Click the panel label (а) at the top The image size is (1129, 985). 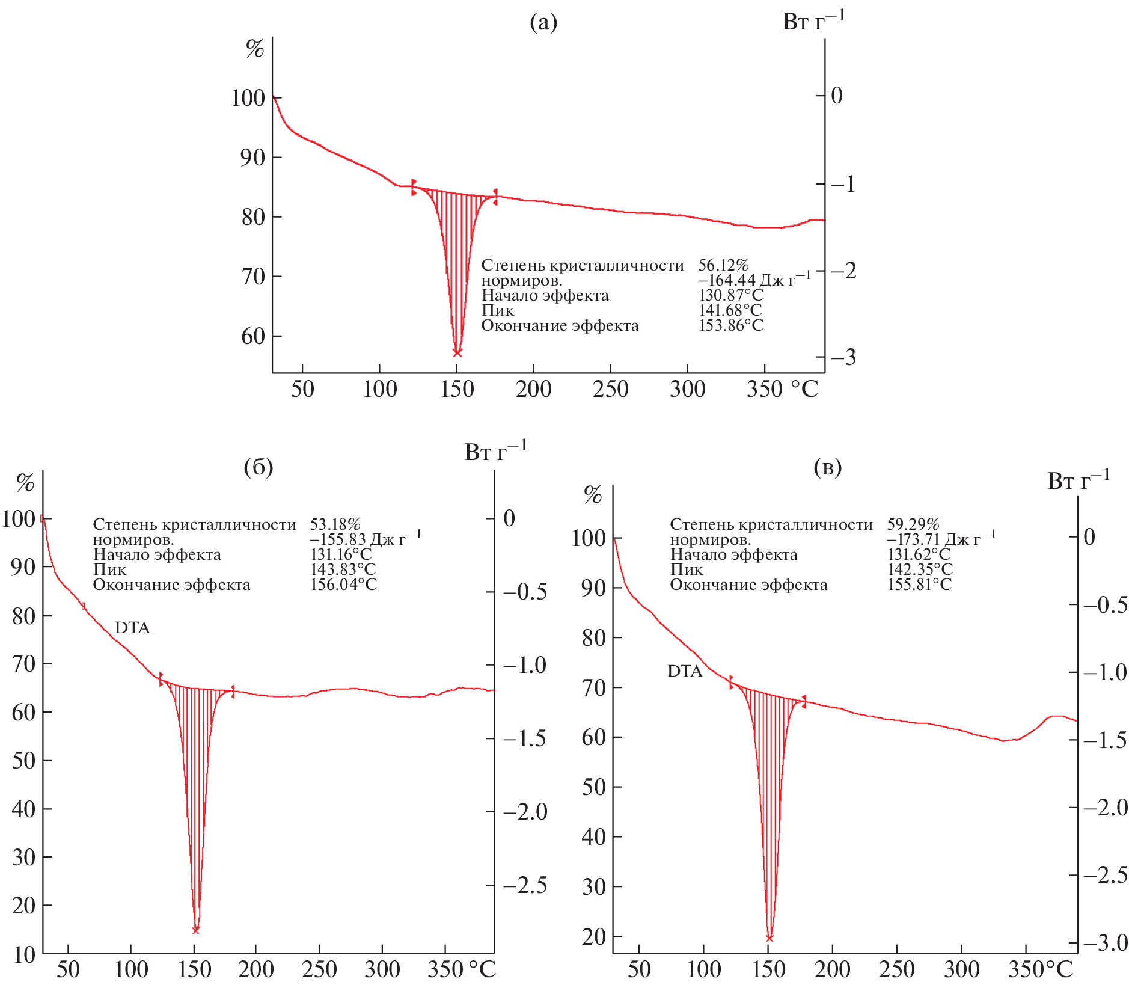coord(543,23)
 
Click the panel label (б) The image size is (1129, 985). coord(259,467)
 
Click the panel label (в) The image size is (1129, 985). coord(827,467)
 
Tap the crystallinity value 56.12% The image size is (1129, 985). coord(723,265)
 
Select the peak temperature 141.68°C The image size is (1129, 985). coord(730,310)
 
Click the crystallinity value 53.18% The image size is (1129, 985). coord(335,524)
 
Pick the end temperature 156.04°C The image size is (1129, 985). coord(343,585)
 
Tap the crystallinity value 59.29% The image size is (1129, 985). coord(913,524)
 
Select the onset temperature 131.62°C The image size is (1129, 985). coord(919,554)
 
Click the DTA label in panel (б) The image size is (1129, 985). coord(132,628)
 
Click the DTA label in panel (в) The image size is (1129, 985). coord(685,671)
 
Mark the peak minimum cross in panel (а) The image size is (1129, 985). coord(457,353)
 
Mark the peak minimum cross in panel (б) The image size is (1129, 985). coord(195,930)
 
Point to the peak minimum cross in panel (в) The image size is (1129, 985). coord(769,938)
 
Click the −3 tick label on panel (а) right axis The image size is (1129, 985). coord(843,358)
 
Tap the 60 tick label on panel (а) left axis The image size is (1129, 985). coord(253,336)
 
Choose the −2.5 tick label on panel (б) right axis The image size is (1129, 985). coord(525,885)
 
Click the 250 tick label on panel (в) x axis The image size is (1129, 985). coord(896,969)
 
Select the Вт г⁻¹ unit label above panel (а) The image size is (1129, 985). coord(813,22)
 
